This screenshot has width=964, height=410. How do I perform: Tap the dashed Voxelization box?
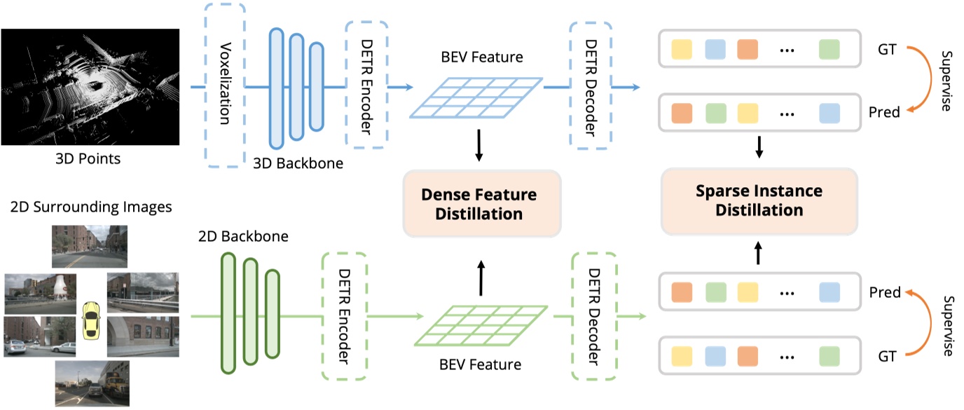(x=224, y=86)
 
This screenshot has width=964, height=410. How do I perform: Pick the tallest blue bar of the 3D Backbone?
(x=276, y=88)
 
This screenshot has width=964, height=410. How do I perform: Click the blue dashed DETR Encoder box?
(x=366, y=86)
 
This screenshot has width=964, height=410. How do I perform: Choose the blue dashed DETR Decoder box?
(x=590, y=86)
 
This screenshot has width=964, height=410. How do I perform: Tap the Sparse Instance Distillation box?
(x=759, y=200)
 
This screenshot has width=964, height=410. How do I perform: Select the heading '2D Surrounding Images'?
(x=90, y=207)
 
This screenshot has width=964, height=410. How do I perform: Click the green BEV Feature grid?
(x=481, y=327)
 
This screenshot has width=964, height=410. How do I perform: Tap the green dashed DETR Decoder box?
(x=593, y=317)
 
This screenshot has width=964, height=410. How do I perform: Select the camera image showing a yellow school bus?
(x=92, y=383)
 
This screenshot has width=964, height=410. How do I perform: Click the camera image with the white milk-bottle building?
(x=39, y=294)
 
